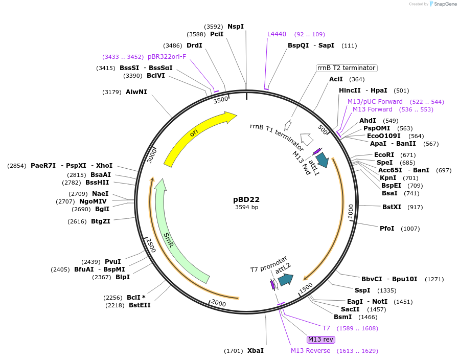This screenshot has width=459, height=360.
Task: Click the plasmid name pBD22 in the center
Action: [x=246, y=199]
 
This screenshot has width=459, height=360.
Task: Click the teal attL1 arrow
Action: [x=322, y=160]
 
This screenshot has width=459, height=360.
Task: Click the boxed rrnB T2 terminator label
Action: [x=347, y=68]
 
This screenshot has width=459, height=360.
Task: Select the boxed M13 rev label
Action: [x=320, y=340]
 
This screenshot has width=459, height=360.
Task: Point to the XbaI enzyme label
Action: [x=256, y=351]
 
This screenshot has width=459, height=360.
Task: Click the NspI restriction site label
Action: [x=236, y=27]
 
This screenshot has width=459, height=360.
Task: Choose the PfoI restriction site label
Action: [x=387, y=228]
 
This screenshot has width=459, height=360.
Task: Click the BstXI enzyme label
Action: [x=392, y=207]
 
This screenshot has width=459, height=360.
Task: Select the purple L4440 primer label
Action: [x=277, y=34]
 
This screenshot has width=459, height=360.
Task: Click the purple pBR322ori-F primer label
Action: [x=167, y=57]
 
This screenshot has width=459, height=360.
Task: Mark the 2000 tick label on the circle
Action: [x=218, y=303]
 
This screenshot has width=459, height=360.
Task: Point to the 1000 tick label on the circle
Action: [x=351, y=212]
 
